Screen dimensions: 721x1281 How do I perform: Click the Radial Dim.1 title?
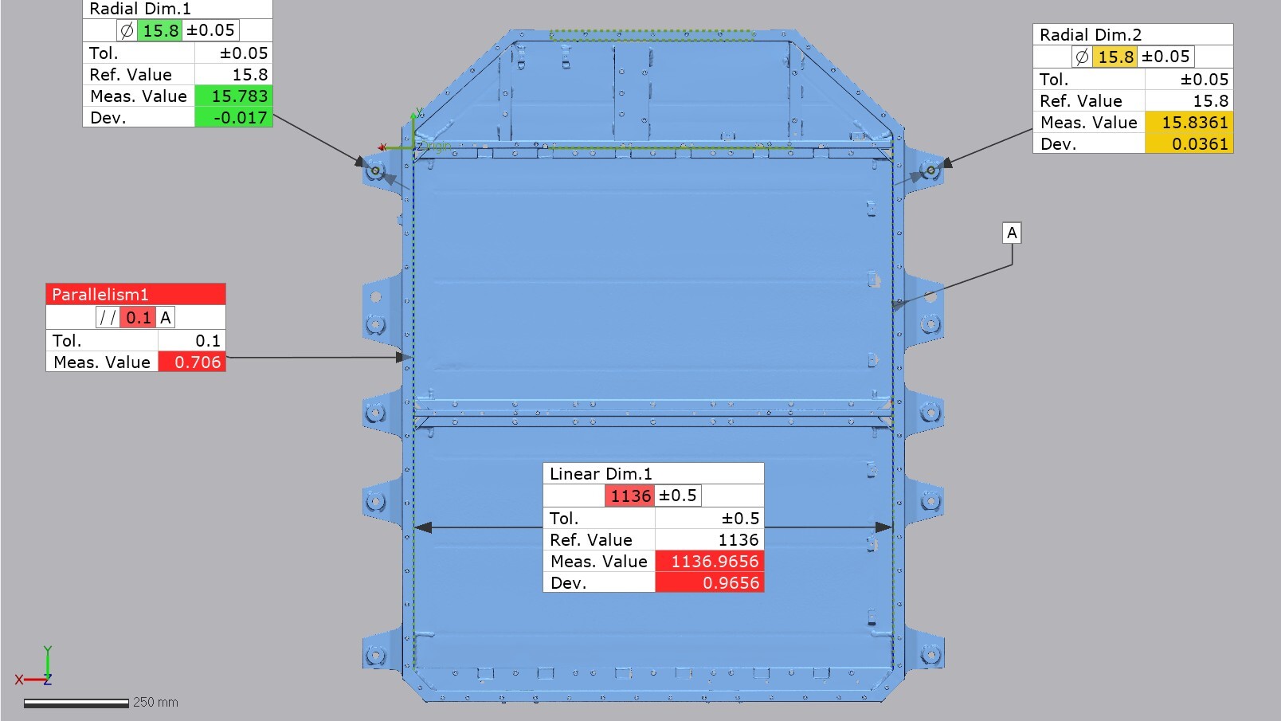coord(140,9)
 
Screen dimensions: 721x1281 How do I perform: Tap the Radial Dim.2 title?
coord(1090,35)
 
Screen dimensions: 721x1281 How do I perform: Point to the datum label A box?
coord(1012,233)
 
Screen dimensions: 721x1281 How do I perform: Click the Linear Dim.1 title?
coord(601,474)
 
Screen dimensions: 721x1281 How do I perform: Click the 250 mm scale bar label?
coord(155,702)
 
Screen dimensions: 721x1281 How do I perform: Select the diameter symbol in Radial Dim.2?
coord(1082,57)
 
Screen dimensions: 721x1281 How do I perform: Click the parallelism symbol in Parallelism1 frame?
coord(108,318)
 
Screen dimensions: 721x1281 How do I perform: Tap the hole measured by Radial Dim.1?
coord(375,170)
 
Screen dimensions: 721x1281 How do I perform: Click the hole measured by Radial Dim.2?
coord(930,170)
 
